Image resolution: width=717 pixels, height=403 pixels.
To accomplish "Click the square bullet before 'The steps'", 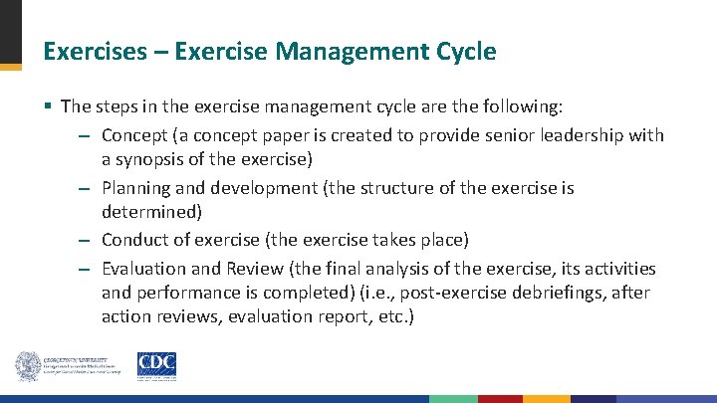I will [48, 106].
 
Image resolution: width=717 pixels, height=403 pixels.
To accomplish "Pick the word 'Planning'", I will [135, 187].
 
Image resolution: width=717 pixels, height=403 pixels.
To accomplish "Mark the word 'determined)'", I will [150, 212].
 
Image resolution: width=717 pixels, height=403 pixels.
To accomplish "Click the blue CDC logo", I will [155, 366].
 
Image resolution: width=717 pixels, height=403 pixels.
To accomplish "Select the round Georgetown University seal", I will [27, 366].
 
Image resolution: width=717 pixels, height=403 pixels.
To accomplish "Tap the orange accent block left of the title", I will [10, 67].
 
